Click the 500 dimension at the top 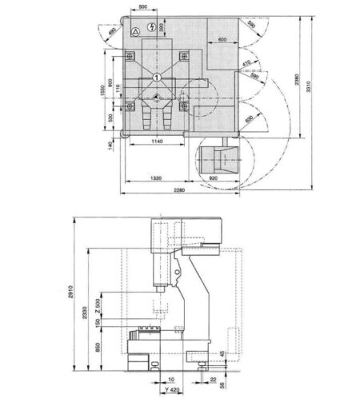click(142, 7)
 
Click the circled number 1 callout click(158, 76)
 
